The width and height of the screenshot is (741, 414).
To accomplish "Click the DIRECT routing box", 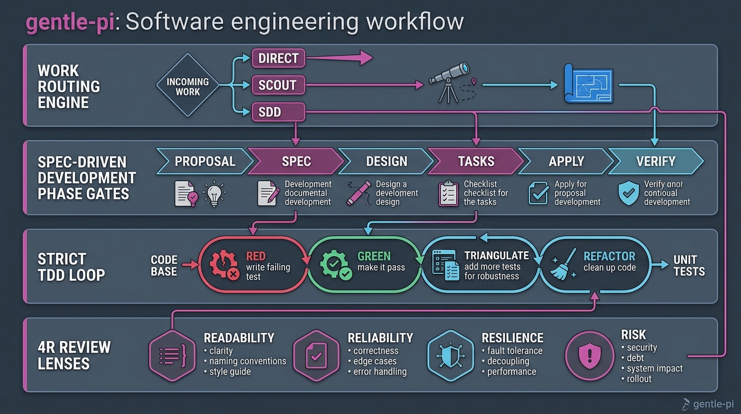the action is pyautogui.click(x=278, y=58).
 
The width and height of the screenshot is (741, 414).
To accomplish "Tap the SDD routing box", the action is pyautogui.click(x=278, y=112).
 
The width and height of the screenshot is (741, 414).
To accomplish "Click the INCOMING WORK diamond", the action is pyautogui.click(x=187, y=85).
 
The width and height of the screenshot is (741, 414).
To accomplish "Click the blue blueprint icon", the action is pyautogui.click(x=588, y=84).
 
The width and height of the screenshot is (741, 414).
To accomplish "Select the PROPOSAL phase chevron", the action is pyautogui.click(x=205, y=161).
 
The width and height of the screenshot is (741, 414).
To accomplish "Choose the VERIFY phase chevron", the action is pyautogui.click(x=656, y=161).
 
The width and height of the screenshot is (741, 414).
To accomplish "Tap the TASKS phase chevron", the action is pyautogui.click(x=476, y=161).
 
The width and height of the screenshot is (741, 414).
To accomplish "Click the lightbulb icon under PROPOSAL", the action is pyautogui.click(x=214, y=194).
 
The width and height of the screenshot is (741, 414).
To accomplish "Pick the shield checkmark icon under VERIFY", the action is pyautogui.click(x=628, y=194).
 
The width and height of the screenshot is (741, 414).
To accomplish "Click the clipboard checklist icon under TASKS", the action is pyautogui.click(x=448, y=194).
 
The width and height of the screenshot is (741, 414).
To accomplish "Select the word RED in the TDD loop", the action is pyautogui.click(x=256, y=256).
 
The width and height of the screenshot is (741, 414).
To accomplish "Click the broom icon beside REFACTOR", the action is pyautogui.click(x=564, y=264).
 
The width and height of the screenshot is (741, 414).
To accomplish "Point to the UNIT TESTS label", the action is pyautogui.click(x=689, y=266).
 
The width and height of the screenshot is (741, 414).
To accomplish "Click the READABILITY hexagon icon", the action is pyautogui.click(x=172, y=356).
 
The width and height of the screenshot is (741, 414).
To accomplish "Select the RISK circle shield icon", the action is pyautogui.click(x=590, y=356).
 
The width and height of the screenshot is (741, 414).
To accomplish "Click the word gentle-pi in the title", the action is pyautogui.click(x=70, y=22).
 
